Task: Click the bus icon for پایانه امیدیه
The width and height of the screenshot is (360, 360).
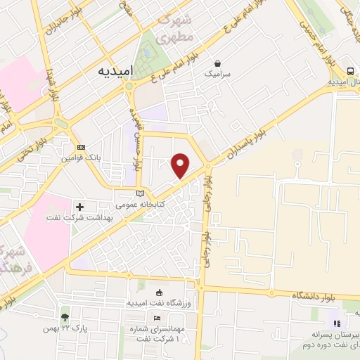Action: (x=349, y=71)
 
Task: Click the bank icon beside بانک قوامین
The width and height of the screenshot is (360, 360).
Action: (x=82, y=147)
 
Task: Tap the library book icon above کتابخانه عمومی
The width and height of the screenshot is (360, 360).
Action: (x=140, y=193)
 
